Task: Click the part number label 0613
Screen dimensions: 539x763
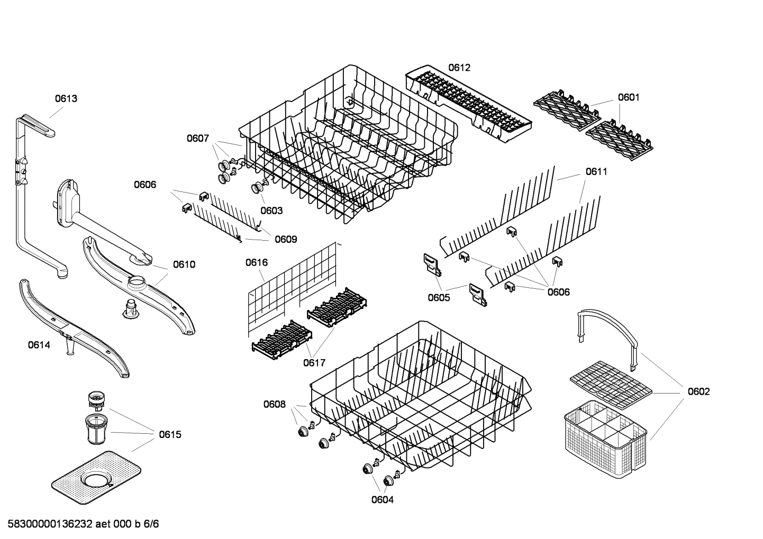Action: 66,98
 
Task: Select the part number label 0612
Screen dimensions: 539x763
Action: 459,68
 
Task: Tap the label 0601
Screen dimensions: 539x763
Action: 628,97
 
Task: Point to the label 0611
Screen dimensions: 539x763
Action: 596,171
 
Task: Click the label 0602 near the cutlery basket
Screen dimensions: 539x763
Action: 698,391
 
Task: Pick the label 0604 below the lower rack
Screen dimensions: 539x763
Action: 382,500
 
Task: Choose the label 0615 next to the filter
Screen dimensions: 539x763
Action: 170,434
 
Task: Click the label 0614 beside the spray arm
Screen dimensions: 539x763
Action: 39,345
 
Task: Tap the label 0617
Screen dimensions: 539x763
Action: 314,363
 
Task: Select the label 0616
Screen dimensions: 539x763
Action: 257,262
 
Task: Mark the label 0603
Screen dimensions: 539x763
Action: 271,211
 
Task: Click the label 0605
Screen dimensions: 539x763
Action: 439,297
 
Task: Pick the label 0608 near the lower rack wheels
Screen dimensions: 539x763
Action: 274,405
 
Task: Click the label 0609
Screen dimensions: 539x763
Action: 286,239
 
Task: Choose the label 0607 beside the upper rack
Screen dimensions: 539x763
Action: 197,139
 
